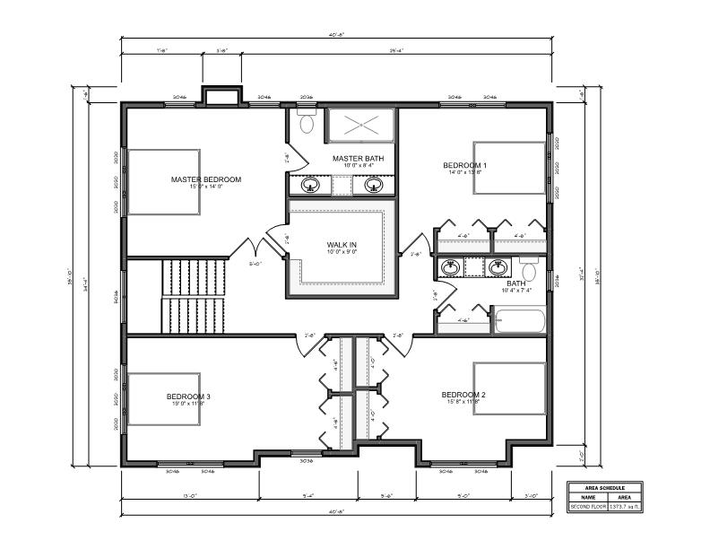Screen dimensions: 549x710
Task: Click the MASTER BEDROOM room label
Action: (206, 179)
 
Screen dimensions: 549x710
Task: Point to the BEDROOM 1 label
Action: (465, 165)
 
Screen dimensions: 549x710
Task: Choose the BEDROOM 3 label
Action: (187, 396)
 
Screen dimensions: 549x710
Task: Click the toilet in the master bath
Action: (306, 123)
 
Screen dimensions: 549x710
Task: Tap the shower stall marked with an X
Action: (359, 125)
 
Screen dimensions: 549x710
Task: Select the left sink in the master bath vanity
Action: (310, 186)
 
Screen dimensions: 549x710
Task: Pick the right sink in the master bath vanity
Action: (374, 186)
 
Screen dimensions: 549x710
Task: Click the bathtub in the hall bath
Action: (520, 321)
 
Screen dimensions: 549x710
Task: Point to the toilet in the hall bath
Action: (529, 269)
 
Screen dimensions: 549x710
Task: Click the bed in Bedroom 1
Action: (508, 167)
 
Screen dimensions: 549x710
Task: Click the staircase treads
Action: (194, 295)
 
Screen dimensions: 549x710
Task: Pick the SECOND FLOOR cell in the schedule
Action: (588, 506)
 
